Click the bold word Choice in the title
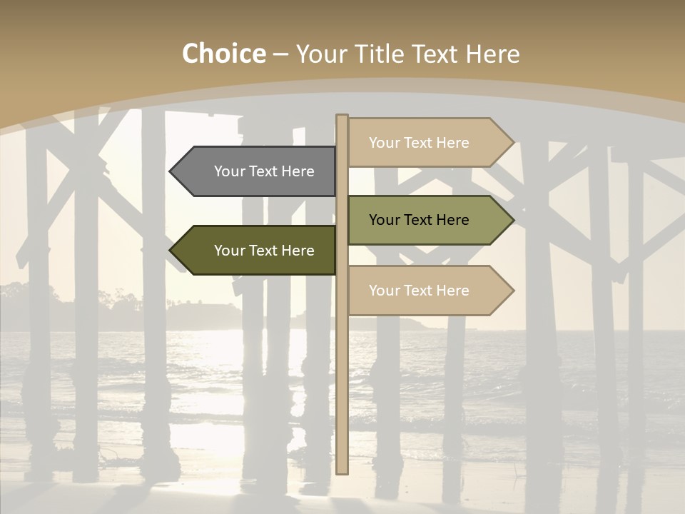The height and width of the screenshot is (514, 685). (223, 54)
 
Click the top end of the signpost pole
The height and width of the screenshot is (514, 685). (342, 117)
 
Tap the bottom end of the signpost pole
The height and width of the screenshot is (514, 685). (342, 471)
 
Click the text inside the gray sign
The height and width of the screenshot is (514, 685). (264, 171)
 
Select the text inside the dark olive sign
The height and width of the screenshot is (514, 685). (264, 251)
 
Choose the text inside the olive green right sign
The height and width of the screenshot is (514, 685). (419, 220)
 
